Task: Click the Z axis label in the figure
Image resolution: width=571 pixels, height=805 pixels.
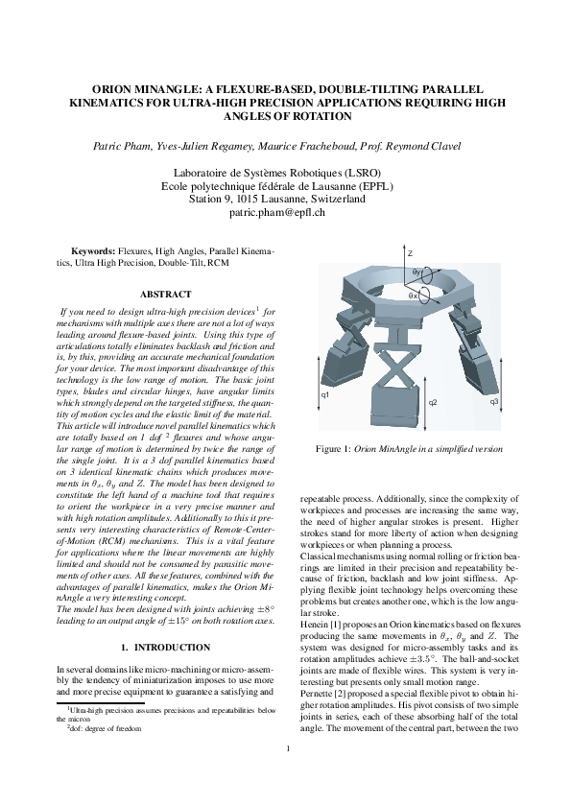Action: point(410,253)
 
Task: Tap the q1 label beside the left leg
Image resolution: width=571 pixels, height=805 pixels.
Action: point(325,394)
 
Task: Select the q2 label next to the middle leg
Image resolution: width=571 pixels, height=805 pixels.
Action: point(433,401)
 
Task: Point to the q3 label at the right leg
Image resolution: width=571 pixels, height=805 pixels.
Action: point(494,400)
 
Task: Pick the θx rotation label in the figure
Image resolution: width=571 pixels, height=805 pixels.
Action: point(414,296)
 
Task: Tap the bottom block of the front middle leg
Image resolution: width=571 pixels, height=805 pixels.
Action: point(394,407)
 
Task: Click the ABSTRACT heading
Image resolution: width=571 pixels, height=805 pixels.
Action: point(165,294)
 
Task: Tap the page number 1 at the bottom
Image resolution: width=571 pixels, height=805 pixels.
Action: point(286,764)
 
